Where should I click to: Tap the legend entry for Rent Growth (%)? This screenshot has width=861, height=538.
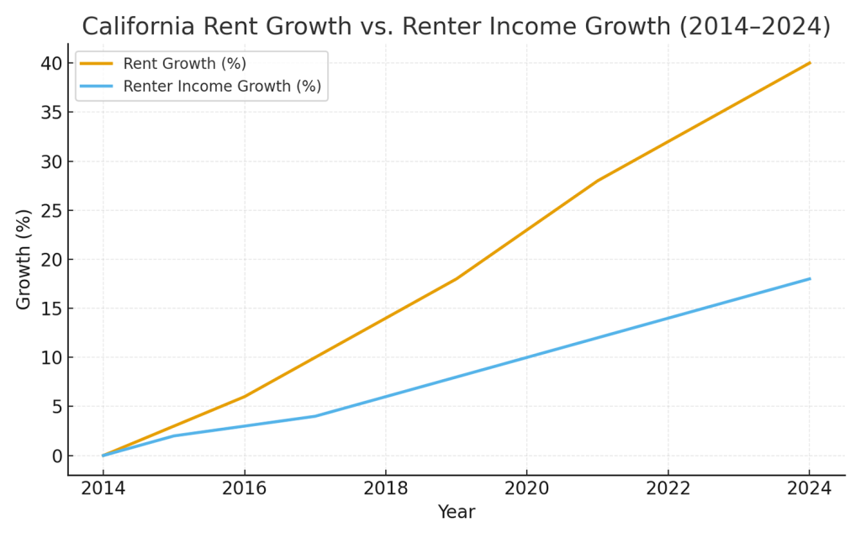click(184, 64)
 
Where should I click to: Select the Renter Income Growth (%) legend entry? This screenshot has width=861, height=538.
click(222, 86)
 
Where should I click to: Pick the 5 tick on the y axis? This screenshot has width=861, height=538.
click(55, 407)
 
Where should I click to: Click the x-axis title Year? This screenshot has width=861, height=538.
click(456, 512)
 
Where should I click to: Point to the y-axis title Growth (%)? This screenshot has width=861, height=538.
click(24, 260)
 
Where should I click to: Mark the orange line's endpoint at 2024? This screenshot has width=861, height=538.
click(810, 63)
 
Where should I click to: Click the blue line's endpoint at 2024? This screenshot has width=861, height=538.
click(810, 279)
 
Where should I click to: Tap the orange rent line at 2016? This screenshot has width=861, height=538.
click(245, 397)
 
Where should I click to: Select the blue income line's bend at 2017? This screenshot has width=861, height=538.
click(315, 416)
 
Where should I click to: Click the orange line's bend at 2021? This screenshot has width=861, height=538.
click(598, 181)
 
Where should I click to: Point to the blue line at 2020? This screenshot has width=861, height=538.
click(527, 357)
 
